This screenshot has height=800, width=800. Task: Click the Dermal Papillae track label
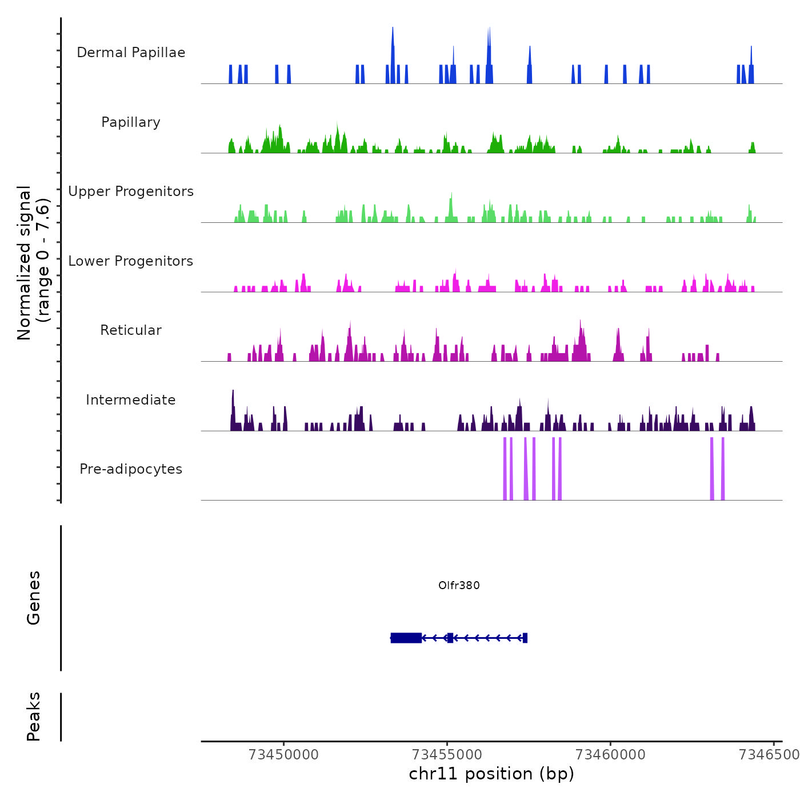(131, 53)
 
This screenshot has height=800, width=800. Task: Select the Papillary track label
(131, 122)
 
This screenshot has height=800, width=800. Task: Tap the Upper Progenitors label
(131, 191)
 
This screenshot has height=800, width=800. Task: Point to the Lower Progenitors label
(131, 261)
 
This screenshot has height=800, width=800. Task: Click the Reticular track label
(131, 330)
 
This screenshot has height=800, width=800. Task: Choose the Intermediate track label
(131, 400)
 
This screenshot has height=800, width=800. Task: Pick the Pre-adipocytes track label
(131, 469)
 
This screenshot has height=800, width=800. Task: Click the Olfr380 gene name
(459, 585)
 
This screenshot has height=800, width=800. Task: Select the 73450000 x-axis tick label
(284, 755)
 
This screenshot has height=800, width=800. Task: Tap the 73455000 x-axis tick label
(447, 755)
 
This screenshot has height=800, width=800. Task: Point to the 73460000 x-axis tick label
(610, 755)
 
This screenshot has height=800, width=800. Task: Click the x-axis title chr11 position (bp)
(491, 774)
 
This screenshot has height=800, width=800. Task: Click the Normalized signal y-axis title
(33, 262)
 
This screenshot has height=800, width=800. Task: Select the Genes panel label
(34, 598)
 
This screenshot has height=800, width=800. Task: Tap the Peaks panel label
(34, 717)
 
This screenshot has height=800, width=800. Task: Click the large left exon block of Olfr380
(406, 638)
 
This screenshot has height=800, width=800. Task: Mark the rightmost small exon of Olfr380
(525, 638)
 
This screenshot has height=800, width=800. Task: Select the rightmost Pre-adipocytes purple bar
(723, 469)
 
